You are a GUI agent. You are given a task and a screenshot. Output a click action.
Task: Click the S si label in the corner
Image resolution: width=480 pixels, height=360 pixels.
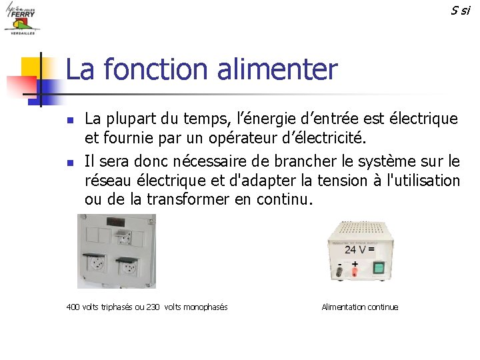(x=460, y=10)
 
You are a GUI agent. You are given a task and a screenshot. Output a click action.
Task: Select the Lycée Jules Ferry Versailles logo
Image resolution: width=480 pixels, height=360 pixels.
(x=21, y=18)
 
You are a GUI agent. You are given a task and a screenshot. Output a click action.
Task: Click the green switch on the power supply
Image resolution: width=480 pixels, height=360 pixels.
(x=379, y=269)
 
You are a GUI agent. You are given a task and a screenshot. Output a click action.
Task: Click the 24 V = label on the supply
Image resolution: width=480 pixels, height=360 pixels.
(x=359, y=250)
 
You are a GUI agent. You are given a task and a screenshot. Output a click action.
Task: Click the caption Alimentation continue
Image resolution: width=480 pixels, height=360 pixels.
(x=359, y=307)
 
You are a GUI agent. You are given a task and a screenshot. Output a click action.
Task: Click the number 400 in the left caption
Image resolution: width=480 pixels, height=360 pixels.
(x=73, y=307)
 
